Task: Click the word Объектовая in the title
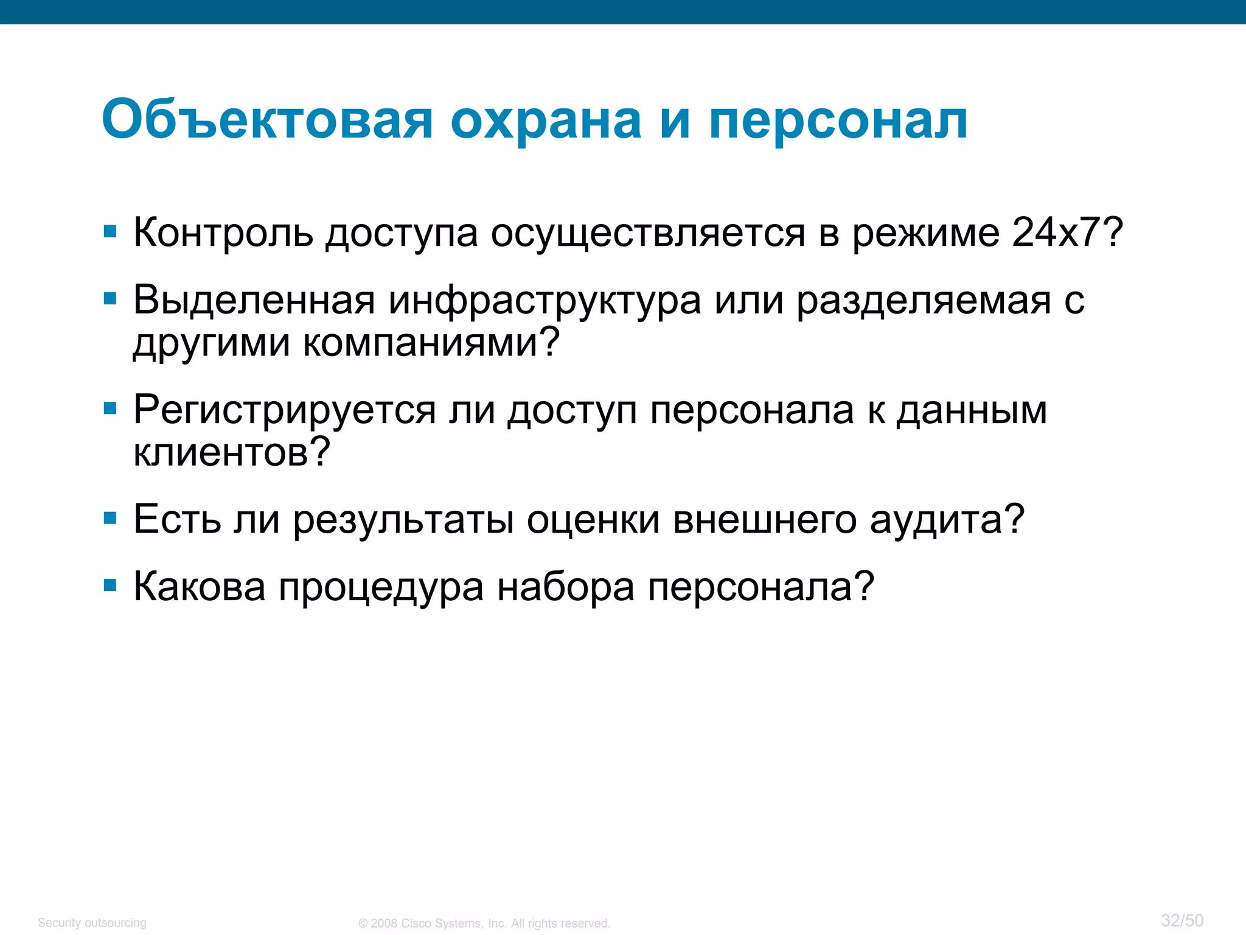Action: (x=267, y=119)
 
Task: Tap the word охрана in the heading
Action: (x=546, y=119)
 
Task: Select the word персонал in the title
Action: (x=838, y=121)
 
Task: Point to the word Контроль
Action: (x=223, y=233)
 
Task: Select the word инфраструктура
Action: (x=545, y=301)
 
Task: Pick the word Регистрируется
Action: (x=284, y=411)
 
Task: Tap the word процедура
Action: (x=381, y=588)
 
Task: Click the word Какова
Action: (x=199, y=587)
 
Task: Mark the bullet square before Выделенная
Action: (x=110, y=299)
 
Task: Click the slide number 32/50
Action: (x=1182, y=920)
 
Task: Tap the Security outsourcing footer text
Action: (x=92, y=923)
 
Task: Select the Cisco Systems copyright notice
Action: (x=484, y=923)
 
